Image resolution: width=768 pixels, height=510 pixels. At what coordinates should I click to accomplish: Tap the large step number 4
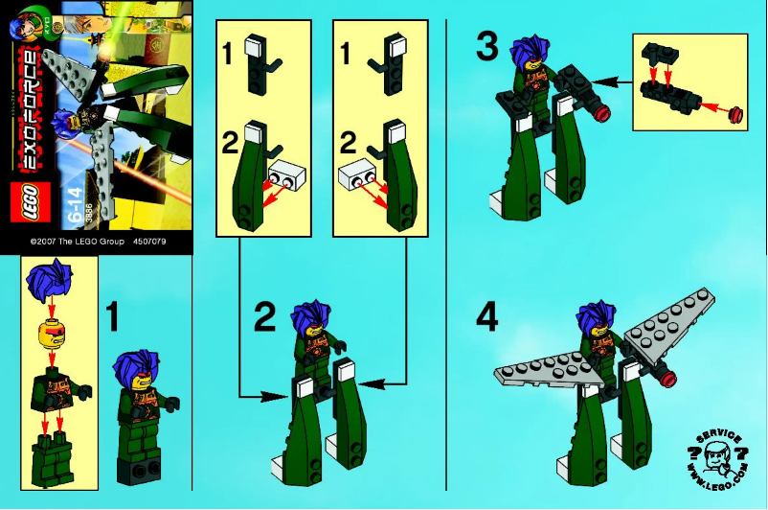(486, 317)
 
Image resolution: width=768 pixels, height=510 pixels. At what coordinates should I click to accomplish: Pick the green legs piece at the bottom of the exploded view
(49, 451)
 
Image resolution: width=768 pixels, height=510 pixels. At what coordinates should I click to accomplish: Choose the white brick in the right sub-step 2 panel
(355, 175)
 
